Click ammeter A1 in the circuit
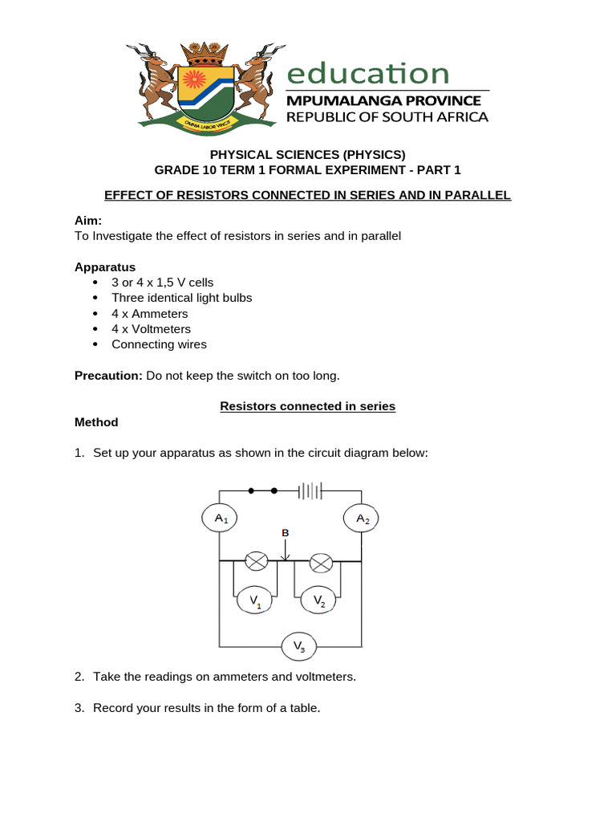click(221, 519)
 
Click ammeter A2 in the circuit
click(363, 519)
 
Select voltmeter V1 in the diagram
click(255, 600)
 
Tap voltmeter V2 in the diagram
click(318, 600)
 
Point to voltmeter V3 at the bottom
click(298, 645)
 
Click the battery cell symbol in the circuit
click(309, 490)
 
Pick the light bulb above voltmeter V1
click(256, 562)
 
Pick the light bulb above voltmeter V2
click(321, 562)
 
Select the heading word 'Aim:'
click(88, 220)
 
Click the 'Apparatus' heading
click(105, 267)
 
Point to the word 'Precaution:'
click(108, 375)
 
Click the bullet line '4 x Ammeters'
click(149, 313)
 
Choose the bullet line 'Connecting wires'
click(159, 344)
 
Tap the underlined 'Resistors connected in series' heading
click(308, 406)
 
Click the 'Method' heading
click(96, 422)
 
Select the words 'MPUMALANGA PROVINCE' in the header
click(384, 101)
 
